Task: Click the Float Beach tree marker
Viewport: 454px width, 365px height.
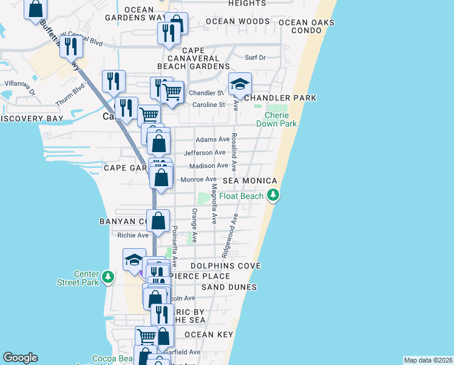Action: click(x=274, y=195)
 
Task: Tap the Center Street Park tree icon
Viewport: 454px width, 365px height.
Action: click(x=108, y=277)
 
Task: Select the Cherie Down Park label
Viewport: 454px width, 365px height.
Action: click(x=280, y=119)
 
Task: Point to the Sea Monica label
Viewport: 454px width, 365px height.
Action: click(x=250, y=181)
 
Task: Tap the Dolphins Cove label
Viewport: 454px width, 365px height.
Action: click(x=225, y=266)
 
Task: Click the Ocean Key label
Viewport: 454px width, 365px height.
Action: click(x=208, y=335)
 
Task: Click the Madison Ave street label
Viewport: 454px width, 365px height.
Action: click(x=208, y=165)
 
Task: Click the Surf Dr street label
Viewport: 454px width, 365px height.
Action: click(x=255, y=58)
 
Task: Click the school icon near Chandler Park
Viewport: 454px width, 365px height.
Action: click(x=240, y=84)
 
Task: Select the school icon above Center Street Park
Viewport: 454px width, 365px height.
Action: click(x=134, y=260)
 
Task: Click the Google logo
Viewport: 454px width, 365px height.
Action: click(x=20, y=358)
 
